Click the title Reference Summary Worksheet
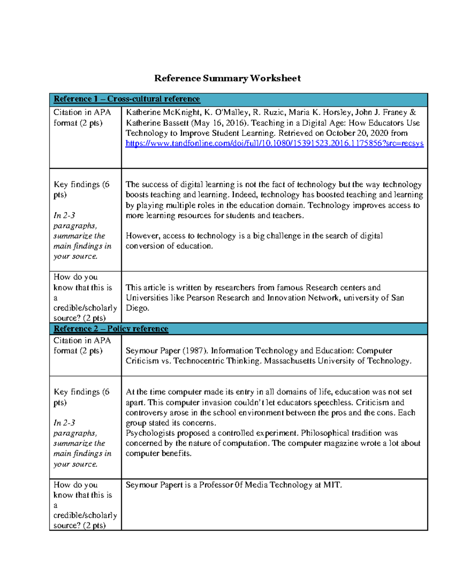[x=227, y=78]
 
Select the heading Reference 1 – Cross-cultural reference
[x=127, y=99]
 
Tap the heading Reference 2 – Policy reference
[x=111, y=329]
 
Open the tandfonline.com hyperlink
[x=275, y=143]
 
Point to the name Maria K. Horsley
[x=320, y=112]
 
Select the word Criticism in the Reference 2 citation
[x=142, y=361]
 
